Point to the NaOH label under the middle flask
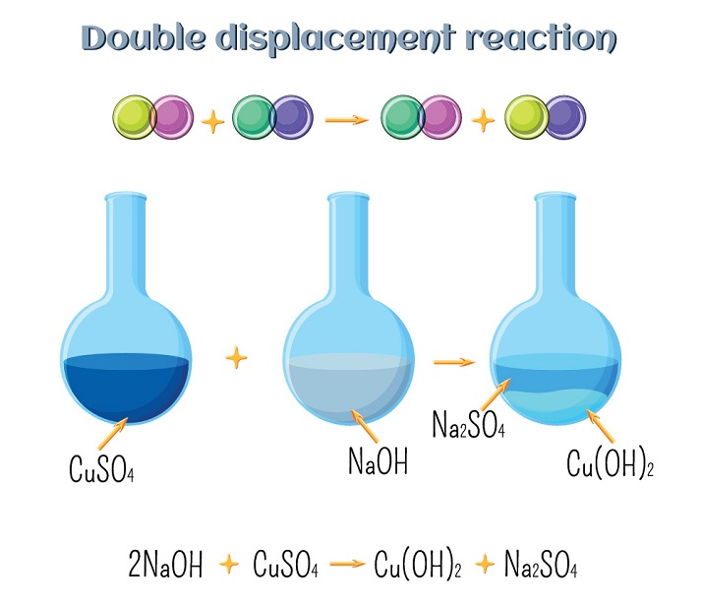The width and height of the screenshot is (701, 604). point(380,460)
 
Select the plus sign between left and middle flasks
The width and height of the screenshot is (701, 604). point(235,357)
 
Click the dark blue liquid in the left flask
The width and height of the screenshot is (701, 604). point(126,389)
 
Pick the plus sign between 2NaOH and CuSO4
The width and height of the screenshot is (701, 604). point(228,565)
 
